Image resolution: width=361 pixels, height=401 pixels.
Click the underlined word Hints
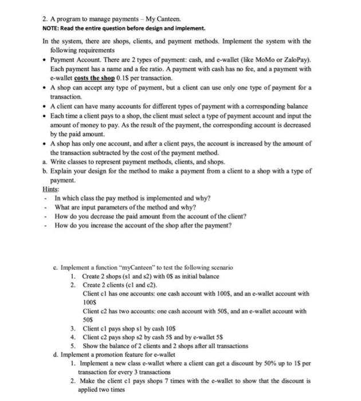click(50, 188)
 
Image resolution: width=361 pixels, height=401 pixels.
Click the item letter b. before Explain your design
click(44, 171)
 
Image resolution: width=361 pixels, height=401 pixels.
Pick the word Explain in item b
click(61, 171)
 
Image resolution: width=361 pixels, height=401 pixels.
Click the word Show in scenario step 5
click(91, 345)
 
